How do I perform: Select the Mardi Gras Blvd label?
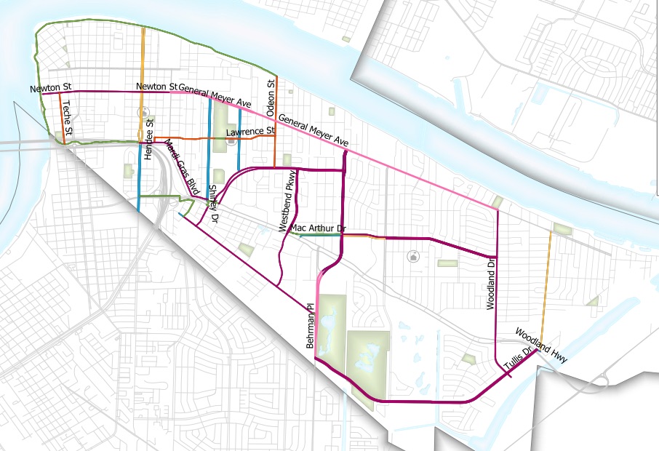181,166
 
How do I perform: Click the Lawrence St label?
250,132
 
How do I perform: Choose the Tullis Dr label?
518,361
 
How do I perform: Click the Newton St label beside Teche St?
48,89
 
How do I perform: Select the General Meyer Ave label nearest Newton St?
211,93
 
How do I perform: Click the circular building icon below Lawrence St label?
231,143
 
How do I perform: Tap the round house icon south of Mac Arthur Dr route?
413,255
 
